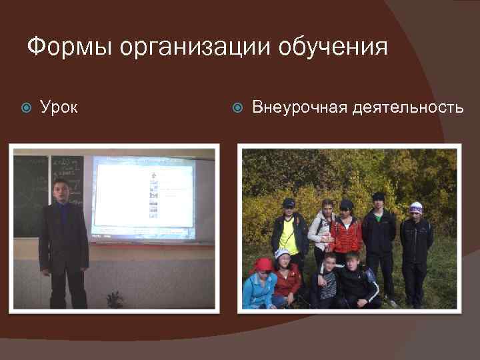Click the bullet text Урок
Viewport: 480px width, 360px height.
(x=59, y=107)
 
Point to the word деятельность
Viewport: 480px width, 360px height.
(x=408, y=107)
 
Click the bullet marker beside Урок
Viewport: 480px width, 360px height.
(x=27, y=107)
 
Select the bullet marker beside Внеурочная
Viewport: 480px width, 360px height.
(x=239, y=107)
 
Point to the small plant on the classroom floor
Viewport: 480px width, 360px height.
(x=115, y=299)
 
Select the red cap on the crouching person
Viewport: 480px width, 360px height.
(x=264, y=264)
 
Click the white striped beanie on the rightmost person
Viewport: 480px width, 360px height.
(x=417, y=207)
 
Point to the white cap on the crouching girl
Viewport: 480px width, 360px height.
(x=283, y=253)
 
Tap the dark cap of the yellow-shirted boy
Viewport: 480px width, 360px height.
(x=288, y=202)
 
